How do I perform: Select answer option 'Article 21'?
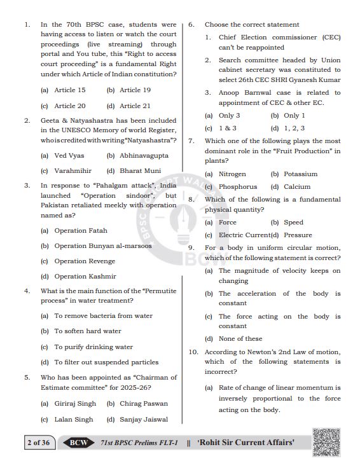pos(134,106)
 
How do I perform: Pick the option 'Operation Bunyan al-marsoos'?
pos(102,246)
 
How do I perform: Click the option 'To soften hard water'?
pos(87,331)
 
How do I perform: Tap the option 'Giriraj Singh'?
pos(75,404)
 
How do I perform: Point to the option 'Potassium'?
pos(300,174)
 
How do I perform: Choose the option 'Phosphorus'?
pos(238,187)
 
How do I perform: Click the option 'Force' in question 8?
pos(227,223)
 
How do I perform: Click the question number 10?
pos(193,352)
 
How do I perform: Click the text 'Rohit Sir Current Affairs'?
pos(246,443)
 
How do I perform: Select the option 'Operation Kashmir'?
pos(85,277)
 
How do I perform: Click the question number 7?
pos(191,141)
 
